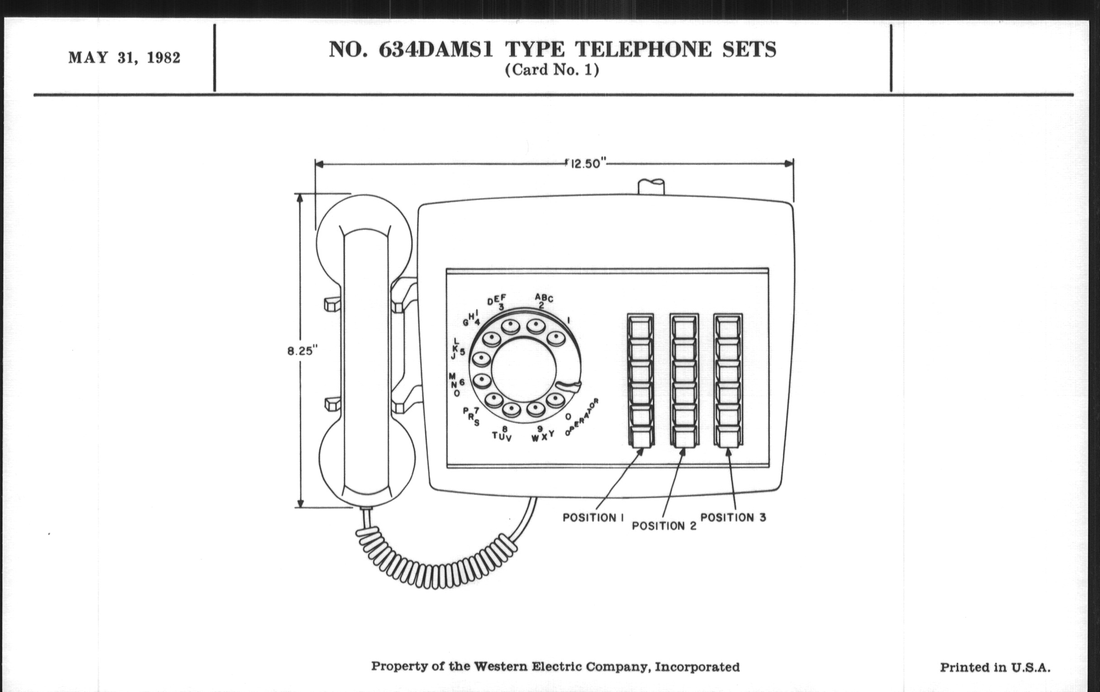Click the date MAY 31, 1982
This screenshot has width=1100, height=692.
click(x=124, y=58)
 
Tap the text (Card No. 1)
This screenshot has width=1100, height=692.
click(x=552, y=70)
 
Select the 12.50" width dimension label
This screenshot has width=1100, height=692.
click(x=586, y=164)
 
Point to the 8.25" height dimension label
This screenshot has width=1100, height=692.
click(x=302, y=351)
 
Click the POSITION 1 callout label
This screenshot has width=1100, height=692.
click(x=593, y=517)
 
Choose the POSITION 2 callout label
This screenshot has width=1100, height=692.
click(x=664, y=526)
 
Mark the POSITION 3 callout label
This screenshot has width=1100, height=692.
click(x=733, y=517)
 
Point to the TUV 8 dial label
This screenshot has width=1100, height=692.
click(x=502, y=434)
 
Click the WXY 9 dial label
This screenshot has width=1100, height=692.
click(x=542, y=434)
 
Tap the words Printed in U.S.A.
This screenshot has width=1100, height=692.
click(x=995, y=667)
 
